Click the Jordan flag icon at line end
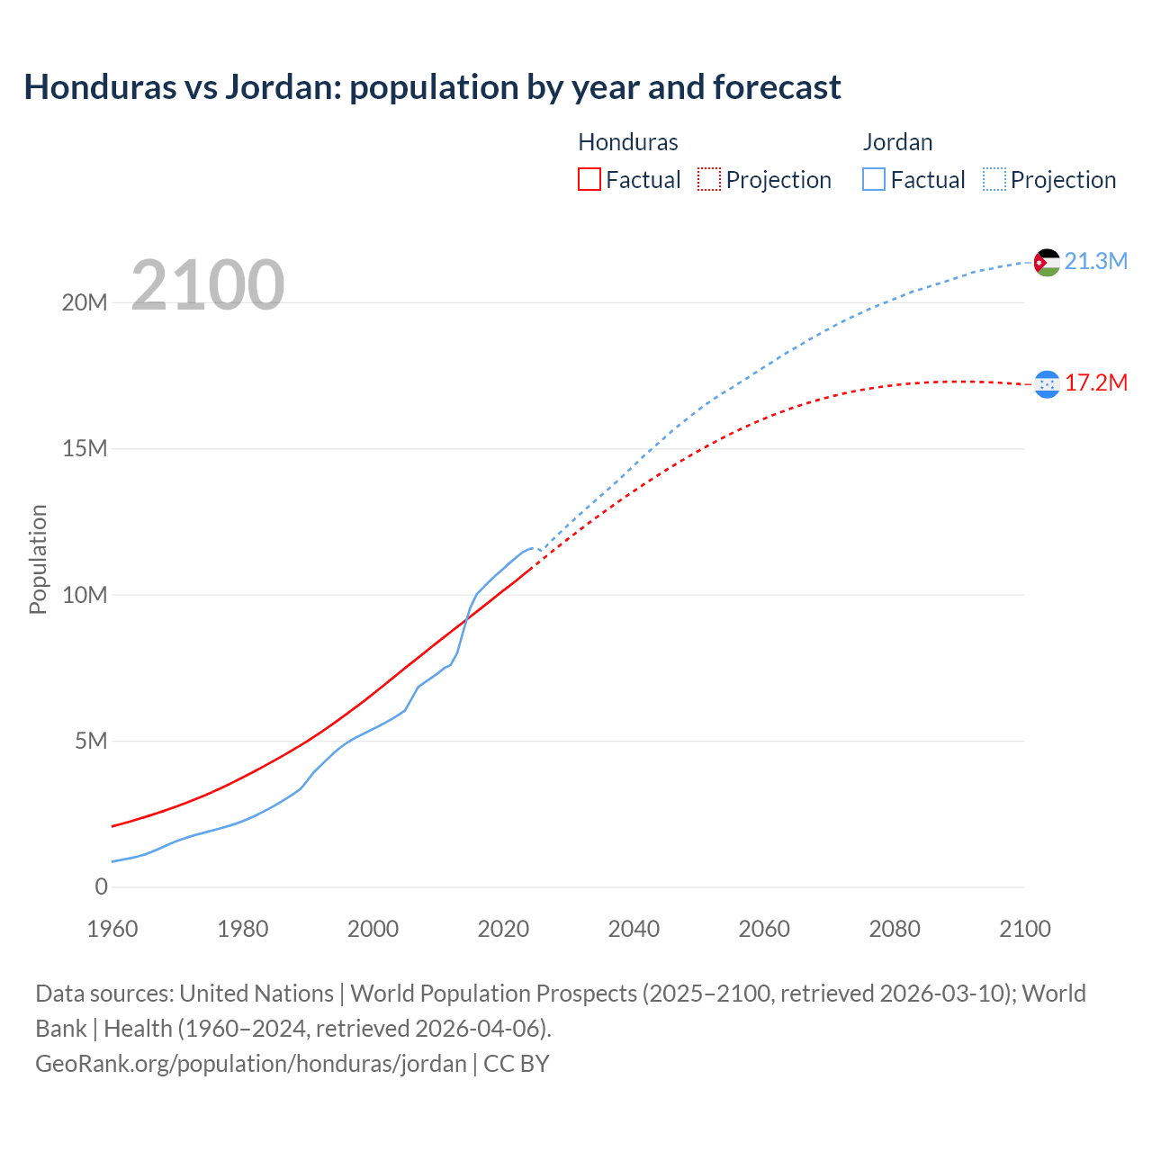pos(1047,262)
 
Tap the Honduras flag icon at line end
pos(1047,384)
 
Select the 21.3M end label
pos(1095,261)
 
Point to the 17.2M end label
pos(1095,382)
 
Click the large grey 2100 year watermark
pos(208,285)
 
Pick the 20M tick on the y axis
pos(85,302)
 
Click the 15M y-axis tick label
pos(85,448)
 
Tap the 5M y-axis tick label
pos(91,741)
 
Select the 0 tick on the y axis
pos(101,886)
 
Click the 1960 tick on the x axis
pos(112,929)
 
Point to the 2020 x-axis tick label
pos(503,929)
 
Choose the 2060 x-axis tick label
pos(764,929)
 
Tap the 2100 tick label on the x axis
pos(1024,929)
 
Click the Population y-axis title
pos(38,559)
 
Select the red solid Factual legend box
pos(589,180)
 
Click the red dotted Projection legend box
pos(709,180)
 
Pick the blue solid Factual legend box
pos(874,180)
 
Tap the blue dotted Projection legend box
pos(994,180)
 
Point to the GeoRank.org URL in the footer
pos(251,1063)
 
